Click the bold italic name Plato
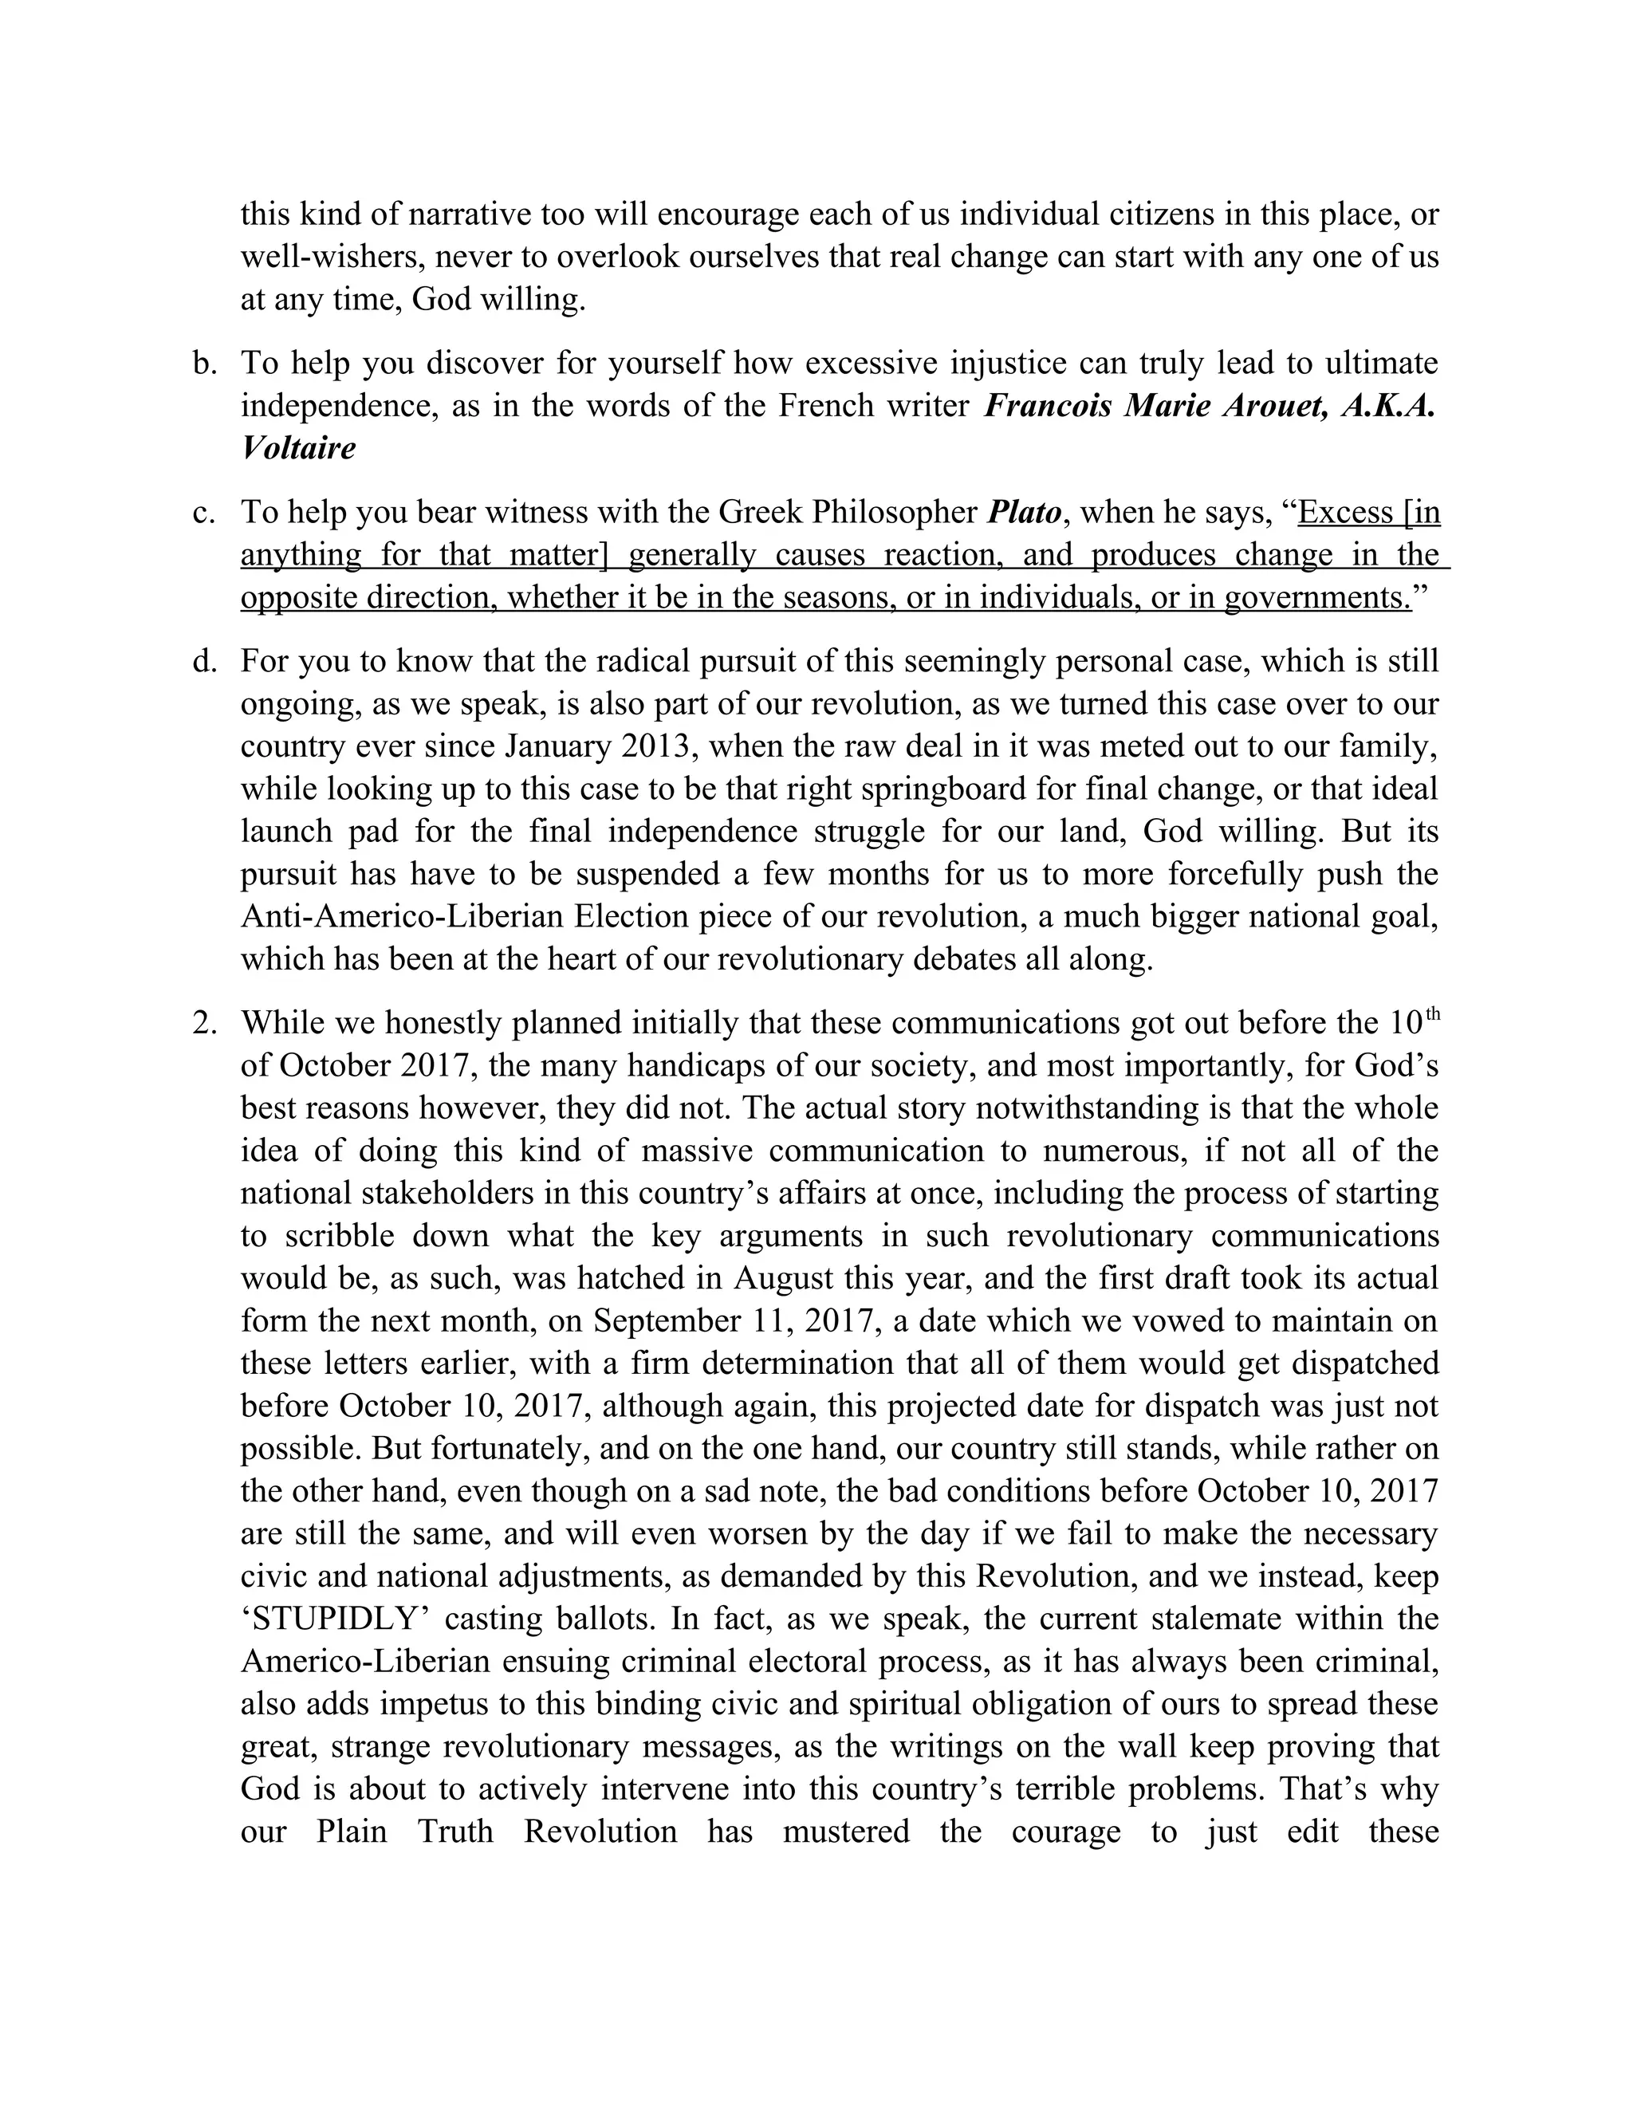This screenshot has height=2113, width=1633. (1025, 512)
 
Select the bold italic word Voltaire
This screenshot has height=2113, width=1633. (298, 448)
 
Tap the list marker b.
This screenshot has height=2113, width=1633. (204, 363)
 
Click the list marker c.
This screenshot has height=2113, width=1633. (204, 512)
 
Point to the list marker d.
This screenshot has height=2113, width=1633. (204, 661)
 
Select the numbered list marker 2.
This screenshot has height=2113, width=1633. (204, 1023)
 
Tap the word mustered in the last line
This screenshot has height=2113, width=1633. (847, 1832)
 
